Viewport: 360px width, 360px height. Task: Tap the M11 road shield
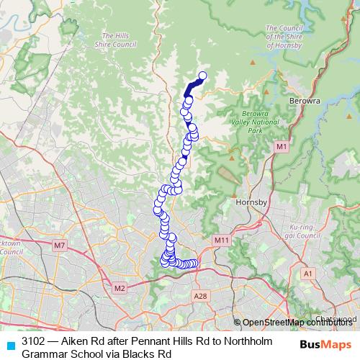coord(222,240)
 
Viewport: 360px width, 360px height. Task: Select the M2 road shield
coord(120,289)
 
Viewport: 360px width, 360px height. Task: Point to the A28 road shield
coord(201,296)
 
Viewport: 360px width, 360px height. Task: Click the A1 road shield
coord(308,274)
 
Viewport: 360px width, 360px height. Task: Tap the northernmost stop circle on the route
coord(202,76)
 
